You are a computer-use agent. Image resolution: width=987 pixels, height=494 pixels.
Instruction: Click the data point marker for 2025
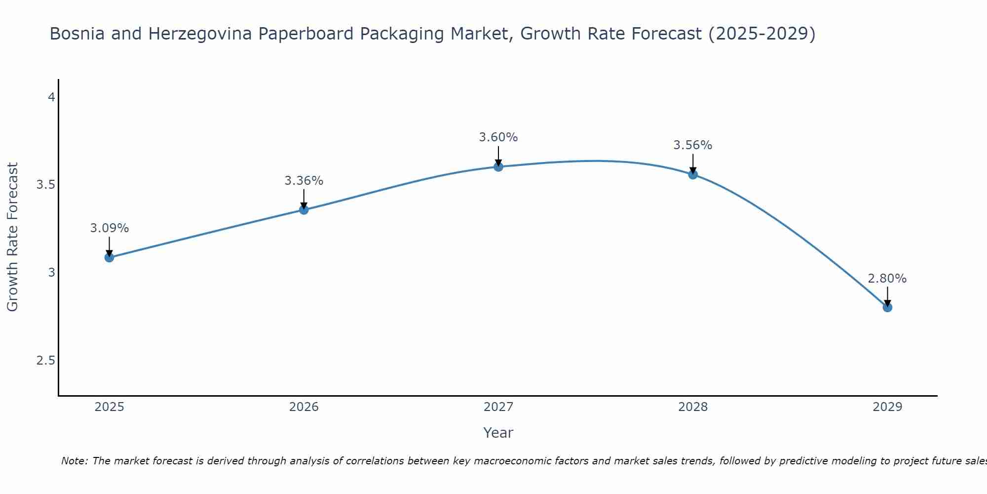click(110, 257)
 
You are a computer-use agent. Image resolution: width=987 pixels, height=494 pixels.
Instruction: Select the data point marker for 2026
click(304, 209)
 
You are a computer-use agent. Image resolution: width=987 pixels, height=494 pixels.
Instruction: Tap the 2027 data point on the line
click(498, 167)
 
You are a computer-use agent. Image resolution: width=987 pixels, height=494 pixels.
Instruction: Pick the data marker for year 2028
click(693, 174)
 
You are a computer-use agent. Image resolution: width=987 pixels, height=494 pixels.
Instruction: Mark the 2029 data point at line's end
click(887, 307)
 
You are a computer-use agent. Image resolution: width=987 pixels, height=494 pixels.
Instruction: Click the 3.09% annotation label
click(110, 228)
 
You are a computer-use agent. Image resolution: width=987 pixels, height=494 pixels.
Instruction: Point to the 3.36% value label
click(304, 181)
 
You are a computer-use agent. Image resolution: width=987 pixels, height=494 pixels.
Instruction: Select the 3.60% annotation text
click(498, 137)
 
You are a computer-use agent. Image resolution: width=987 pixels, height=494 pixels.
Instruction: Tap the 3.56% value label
click(693, 145)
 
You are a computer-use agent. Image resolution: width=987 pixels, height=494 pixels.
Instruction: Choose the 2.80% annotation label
click(887, 279)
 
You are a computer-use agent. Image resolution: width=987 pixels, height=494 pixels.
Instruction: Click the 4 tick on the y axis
click(51, 97)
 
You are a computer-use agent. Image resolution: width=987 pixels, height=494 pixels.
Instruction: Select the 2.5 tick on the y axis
click(46, 361)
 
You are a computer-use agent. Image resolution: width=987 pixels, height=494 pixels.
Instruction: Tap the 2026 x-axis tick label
click(304, 407)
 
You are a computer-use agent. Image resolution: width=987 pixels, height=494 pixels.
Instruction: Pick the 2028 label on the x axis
click(693, 407)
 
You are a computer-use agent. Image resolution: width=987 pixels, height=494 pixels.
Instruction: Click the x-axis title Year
click(498, 433)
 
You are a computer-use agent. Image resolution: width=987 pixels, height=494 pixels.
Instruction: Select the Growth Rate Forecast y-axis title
click(13, 237)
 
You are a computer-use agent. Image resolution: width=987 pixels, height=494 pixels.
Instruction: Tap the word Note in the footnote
click(74, 461)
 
